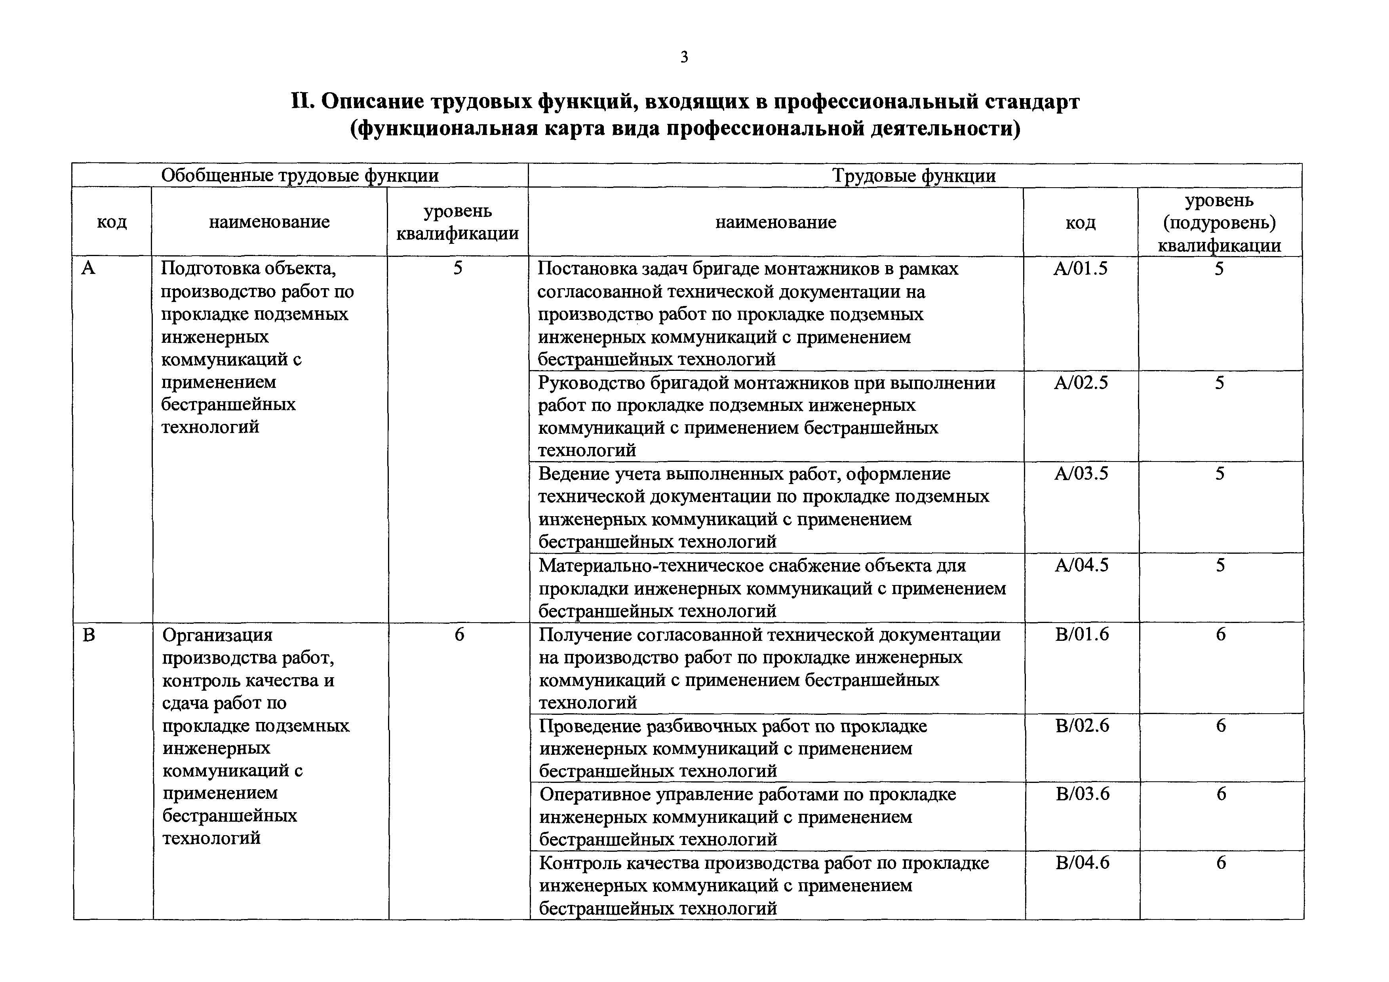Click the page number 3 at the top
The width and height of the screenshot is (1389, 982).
[684, 57]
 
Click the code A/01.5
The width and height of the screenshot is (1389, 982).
[1081, 268]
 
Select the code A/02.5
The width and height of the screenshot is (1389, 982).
[1081, 383]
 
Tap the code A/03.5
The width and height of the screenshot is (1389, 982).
[1082, 473]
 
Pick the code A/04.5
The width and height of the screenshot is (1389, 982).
[1082, 565]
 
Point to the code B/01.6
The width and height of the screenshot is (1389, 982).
[1082, 634]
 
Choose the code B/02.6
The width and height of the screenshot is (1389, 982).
[1082, 726]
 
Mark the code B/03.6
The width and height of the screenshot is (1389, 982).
[1083, 794]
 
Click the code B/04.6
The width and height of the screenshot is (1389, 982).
[1083, 863]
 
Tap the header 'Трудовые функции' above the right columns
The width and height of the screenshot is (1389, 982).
[914, 176]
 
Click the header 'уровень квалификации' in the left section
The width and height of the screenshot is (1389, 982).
[457, 222]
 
